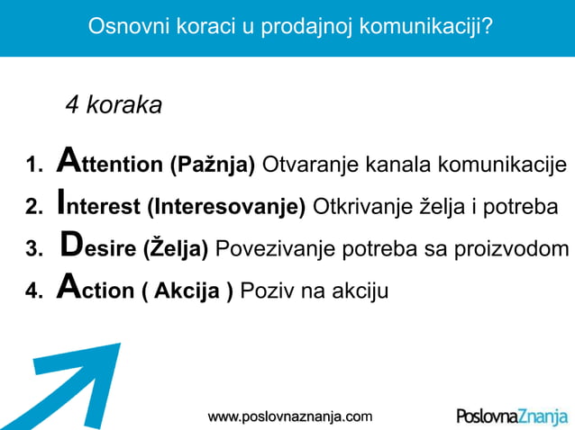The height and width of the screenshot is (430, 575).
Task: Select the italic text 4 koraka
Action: point(114,105)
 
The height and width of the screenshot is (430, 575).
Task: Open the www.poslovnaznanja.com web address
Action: point(289,417)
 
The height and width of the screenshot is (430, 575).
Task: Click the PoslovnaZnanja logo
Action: point(512,417)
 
